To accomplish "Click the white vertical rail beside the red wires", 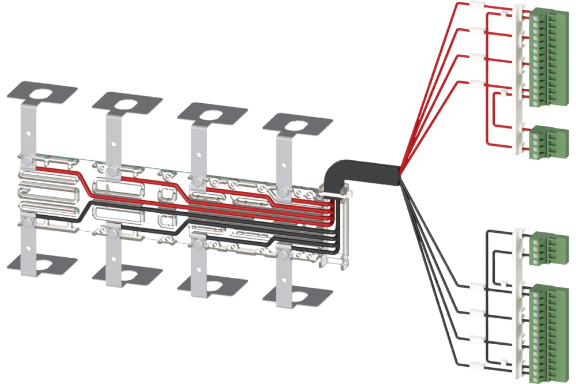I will point(521,81).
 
